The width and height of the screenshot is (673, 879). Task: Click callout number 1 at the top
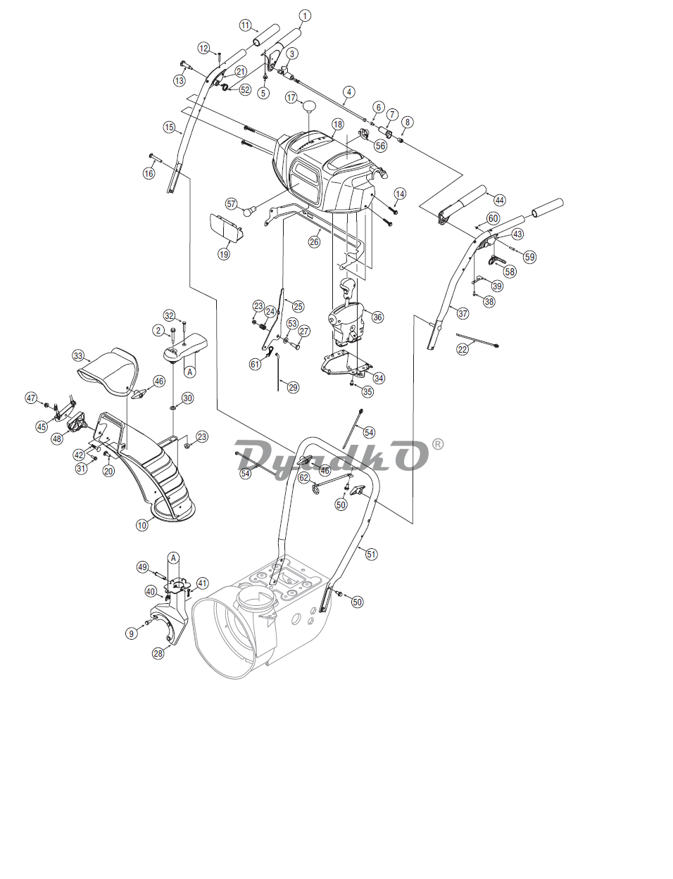305,16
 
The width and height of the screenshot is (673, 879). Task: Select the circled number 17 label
291,97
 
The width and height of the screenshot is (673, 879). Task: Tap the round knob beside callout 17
308,106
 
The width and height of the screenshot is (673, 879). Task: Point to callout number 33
78,355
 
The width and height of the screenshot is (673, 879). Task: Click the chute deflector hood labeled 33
108,372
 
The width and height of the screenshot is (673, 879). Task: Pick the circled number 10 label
142,525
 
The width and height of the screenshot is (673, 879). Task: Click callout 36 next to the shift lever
377,317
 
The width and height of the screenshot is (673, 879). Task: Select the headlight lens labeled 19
227,228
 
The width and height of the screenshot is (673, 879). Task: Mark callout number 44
500,200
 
